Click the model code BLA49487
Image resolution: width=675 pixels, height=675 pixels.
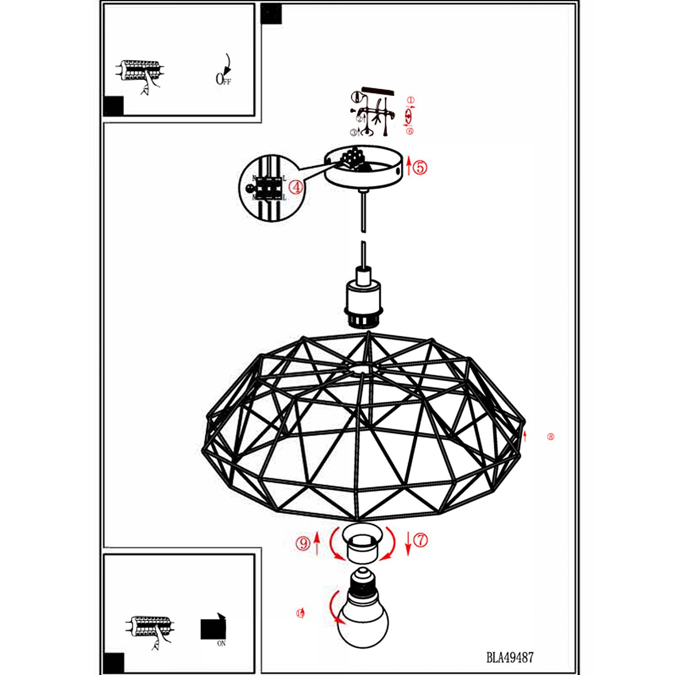click(510, 657)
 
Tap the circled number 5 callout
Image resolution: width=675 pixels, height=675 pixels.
click(420, 167)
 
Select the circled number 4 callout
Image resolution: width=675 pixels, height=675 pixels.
click(296, 187)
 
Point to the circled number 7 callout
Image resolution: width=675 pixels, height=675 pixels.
click(420, 540)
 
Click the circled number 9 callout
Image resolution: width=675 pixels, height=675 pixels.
click(303, 543)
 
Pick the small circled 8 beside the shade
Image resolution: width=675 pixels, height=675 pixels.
click(550, 436)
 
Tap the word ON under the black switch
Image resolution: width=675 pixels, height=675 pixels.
click(221, 643)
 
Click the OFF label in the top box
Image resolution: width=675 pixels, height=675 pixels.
click(223, 79)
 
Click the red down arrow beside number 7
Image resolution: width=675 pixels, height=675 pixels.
click(408, 544)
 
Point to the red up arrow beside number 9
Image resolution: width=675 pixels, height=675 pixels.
click(317, 543)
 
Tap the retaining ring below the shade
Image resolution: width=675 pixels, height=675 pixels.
click(362, 544)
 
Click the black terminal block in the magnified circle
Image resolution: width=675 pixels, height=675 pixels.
click(268, 188)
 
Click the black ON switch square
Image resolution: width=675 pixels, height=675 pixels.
click(212, 628)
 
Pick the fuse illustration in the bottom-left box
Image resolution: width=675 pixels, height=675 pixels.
click(150, 627)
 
